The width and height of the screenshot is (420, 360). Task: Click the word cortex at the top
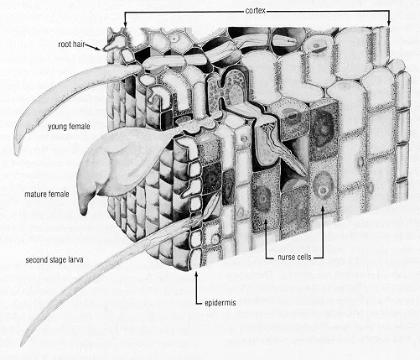[257, 10]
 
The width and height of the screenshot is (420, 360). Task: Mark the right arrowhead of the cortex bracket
[388, 27]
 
